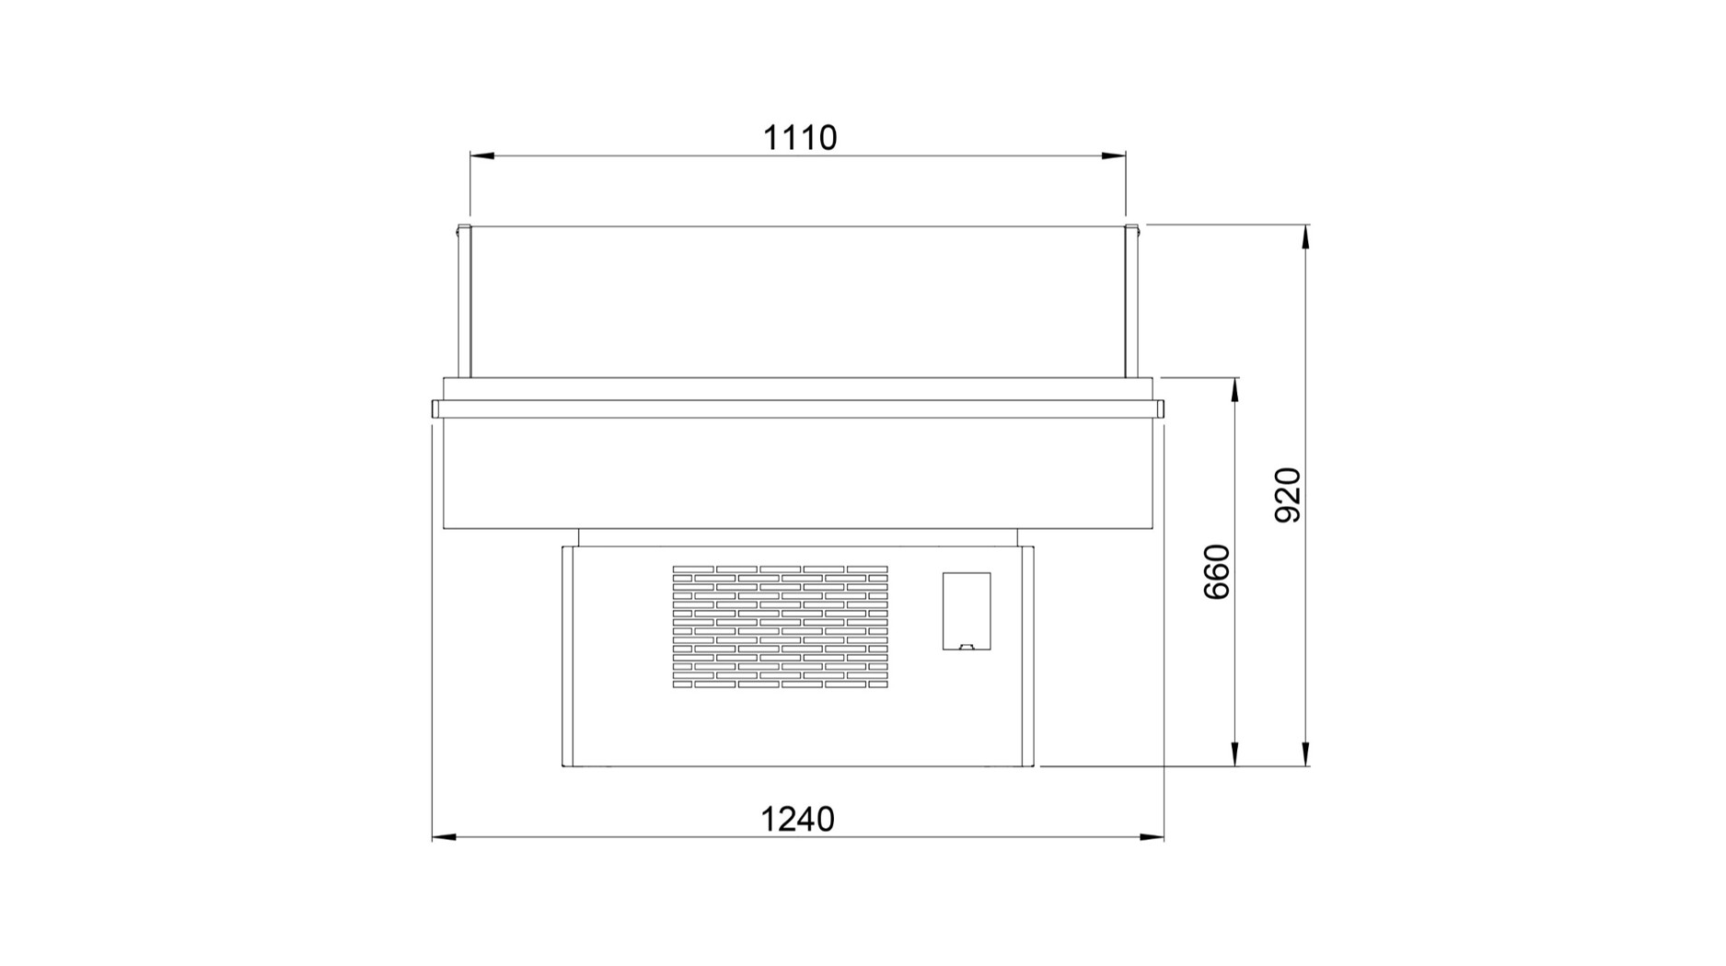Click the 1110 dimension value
point(800,138)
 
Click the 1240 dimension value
point(797,819)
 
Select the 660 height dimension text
point(1217,571)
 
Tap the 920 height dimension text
point(1287,495)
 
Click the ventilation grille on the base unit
point(781,627)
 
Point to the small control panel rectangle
point(967,611)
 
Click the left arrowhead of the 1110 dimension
point(481,155)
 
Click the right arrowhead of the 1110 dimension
point(1114,155)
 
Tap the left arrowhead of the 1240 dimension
point(444,837)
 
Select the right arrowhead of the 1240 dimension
point(1153,837)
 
